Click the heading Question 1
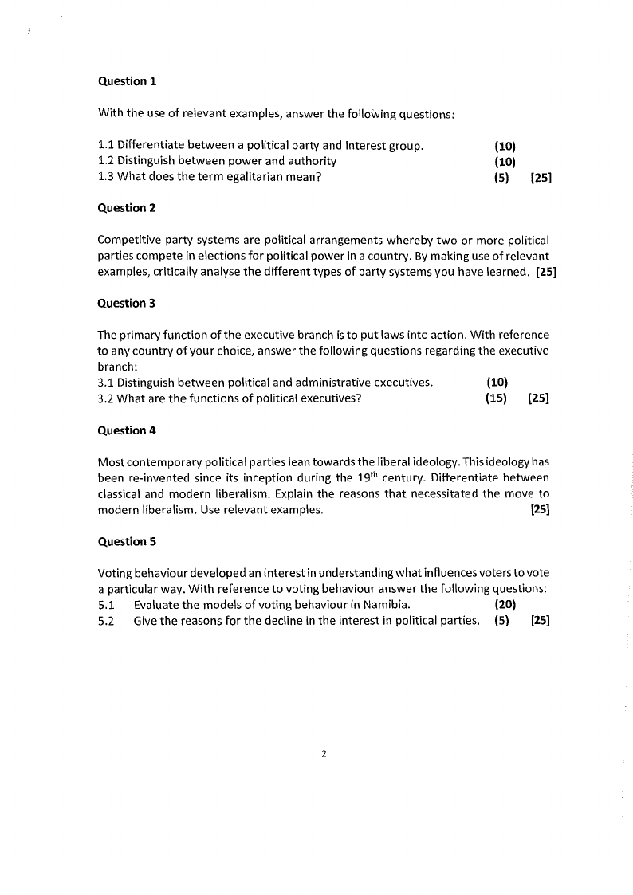coord(127,81)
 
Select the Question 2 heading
coord(127,208)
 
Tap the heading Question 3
coord(127,303)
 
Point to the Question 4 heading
coord(127,430)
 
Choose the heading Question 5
coord(127,542)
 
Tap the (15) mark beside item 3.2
coord(497,398)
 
